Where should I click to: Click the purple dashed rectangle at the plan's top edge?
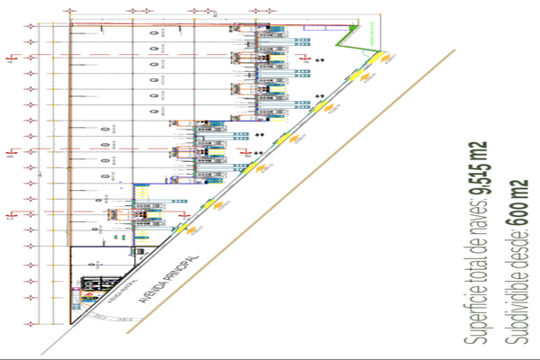tap(316, 28)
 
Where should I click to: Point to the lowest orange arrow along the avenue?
tap(191, 230)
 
